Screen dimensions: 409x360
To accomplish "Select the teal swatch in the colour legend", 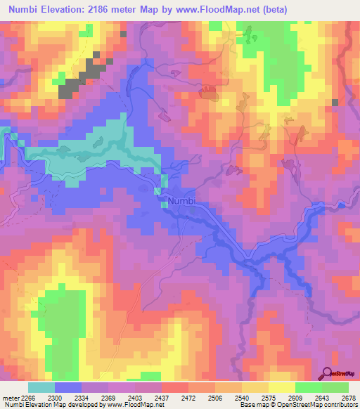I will (x=41, y=387).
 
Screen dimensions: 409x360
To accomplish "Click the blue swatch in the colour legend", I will (x=68, y=387).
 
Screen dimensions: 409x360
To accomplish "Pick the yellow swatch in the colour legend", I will (x=282, y=387).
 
